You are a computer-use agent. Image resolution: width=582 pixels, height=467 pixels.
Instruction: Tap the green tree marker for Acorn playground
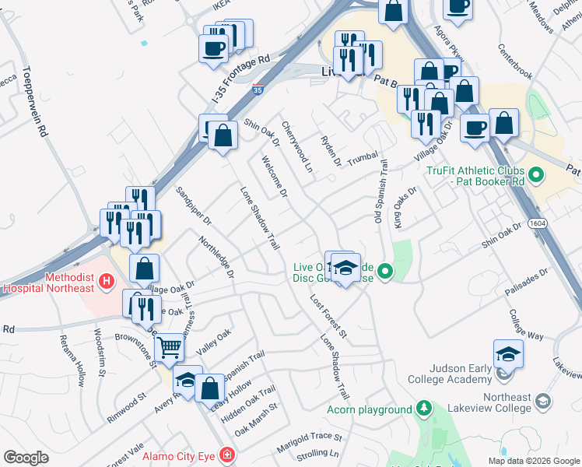pos(423,408)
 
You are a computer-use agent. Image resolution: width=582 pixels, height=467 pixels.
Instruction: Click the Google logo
pos(26,458)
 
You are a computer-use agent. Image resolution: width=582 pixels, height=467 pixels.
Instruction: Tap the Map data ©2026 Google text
pos(534,461)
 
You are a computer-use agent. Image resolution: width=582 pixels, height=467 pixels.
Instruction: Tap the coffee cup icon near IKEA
pos(213,50)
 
